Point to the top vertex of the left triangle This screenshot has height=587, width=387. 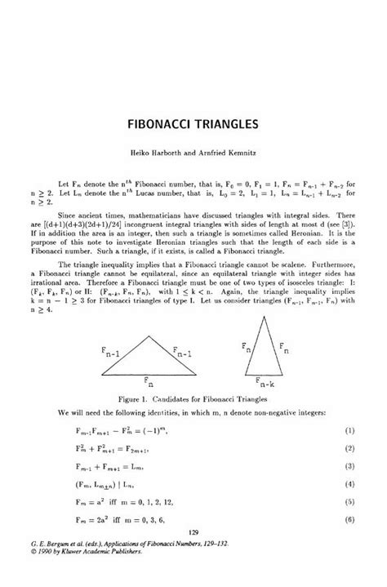(148, 337)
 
